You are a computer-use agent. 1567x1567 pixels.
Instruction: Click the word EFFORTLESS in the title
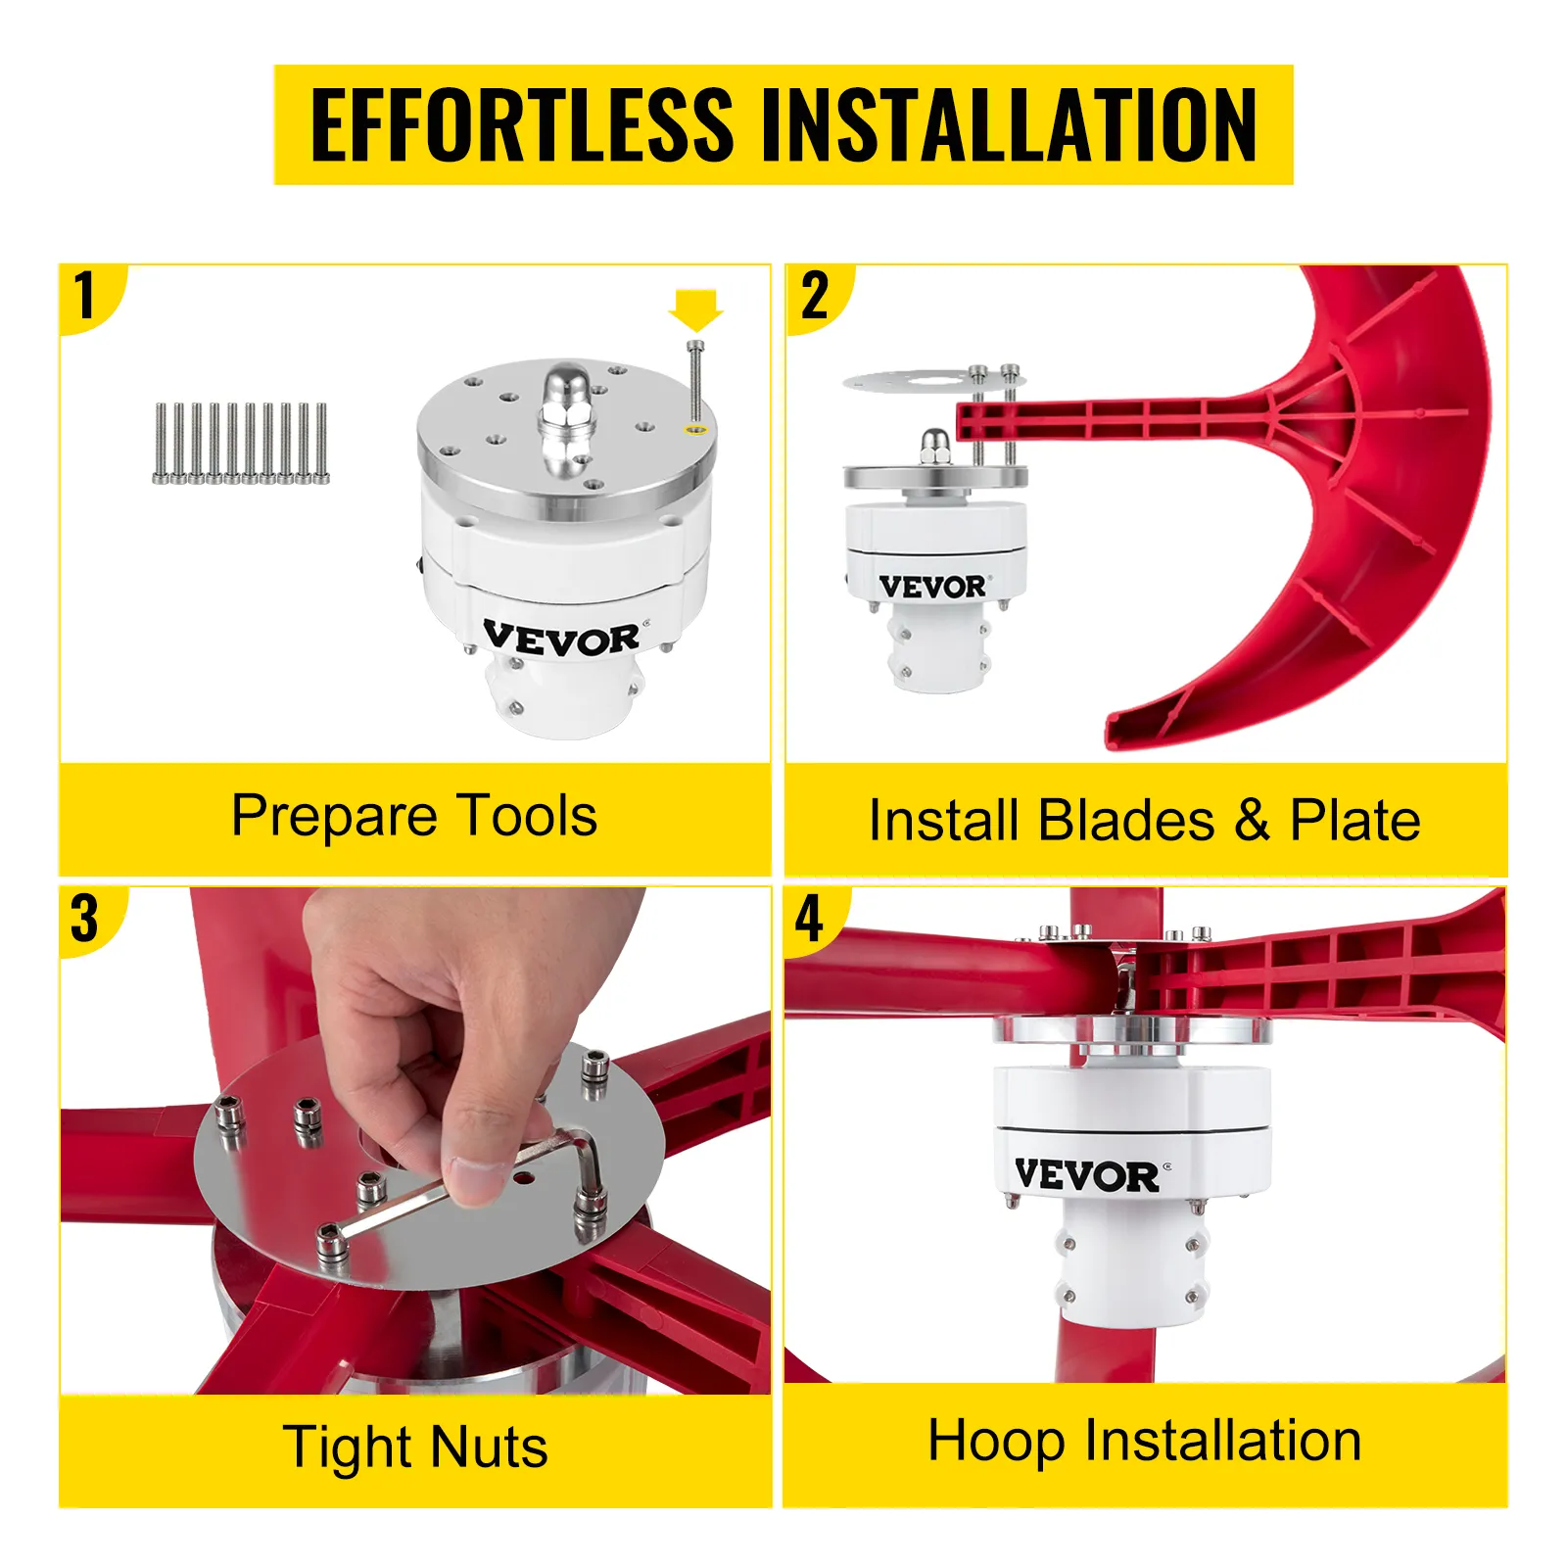(522, 124)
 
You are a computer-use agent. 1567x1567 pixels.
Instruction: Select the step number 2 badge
(816, 296)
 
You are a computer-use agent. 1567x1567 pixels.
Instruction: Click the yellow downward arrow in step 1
(695, 309)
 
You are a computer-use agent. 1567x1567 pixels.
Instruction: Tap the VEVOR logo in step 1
(563, 639)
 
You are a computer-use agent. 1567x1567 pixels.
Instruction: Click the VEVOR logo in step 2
(933, 587)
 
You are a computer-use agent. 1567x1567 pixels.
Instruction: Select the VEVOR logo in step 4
(1089, 1174)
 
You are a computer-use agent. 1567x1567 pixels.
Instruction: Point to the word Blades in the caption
(1125, 821)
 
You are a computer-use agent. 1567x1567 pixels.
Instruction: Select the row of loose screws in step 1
(241, 444)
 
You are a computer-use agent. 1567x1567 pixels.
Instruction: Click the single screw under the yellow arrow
(695, 382)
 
